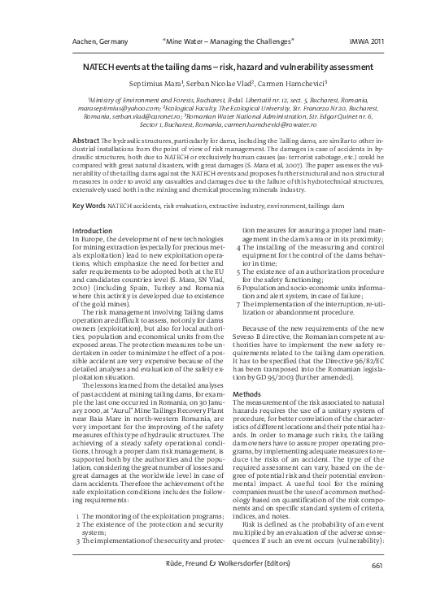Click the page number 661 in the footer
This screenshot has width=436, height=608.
point(377,588)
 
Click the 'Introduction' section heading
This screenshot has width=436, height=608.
point(92,231)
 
